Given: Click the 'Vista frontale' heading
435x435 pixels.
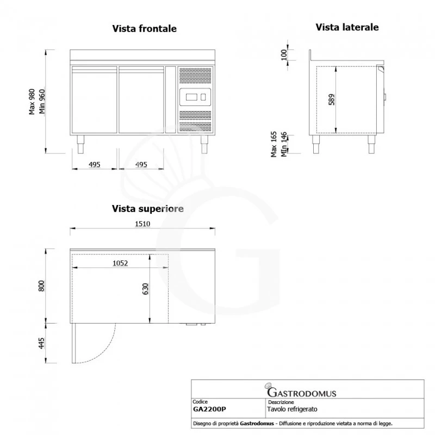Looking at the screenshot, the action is [x=144, y=29].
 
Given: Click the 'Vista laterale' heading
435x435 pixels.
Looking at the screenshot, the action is [x=347, y=27].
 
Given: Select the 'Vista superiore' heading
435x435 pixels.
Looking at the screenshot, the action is [x=147, y=209].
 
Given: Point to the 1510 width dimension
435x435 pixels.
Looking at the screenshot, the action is [x=142, y=224].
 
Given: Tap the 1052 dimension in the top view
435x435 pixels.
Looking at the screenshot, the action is [x=120, y=263].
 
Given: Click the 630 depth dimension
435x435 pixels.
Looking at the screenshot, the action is [x=145, y=289].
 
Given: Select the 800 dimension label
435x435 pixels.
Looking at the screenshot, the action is [x=41, y=286].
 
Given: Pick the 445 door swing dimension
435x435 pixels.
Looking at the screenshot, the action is [x=41, y=343].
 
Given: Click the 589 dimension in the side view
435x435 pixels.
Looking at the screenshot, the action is [x=332, y=100].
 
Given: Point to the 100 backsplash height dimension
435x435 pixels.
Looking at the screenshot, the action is [x=284, y=55].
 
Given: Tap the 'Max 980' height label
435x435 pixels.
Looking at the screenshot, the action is [x=32, y=102].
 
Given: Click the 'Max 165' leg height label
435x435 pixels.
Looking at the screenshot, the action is [x=274, y=144].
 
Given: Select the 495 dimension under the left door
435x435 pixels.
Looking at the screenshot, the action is [x=94, y=165].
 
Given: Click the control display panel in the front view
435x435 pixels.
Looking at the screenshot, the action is [x=195, y=97].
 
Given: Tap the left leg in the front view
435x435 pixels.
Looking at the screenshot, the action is [x=80, y=144].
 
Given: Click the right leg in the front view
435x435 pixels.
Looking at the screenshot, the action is [x=204, y=144].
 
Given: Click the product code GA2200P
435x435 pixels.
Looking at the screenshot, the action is [x=209, y=409].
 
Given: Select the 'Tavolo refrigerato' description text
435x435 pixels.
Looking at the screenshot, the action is [x=292, y=409].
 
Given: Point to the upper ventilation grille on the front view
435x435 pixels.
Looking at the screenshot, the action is [x=195, y=76].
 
